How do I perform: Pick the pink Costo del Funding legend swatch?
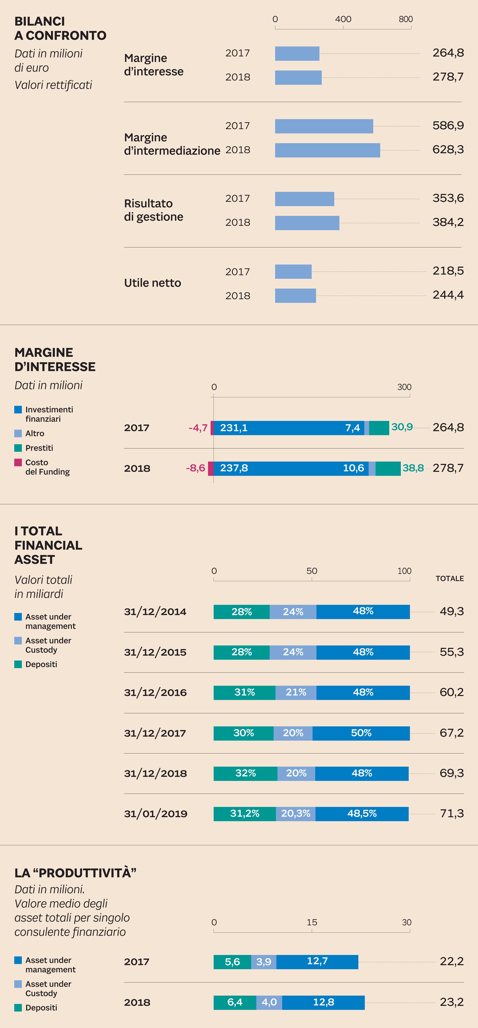18,463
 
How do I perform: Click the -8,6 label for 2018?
196,468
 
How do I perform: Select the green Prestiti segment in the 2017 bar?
379,428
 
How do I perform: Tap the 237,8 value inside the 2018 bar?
234,468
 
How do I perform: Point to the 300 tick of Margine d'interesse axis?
404,387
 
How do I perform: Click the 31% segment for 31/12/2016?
244,692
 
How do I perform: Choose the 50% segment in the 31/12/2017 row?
361,733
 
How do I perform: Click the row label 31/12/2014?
155,612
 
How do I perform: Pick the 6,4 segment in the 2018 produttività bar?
235,1003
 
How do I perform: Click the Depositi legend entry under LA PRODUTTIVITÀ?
41,1008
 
